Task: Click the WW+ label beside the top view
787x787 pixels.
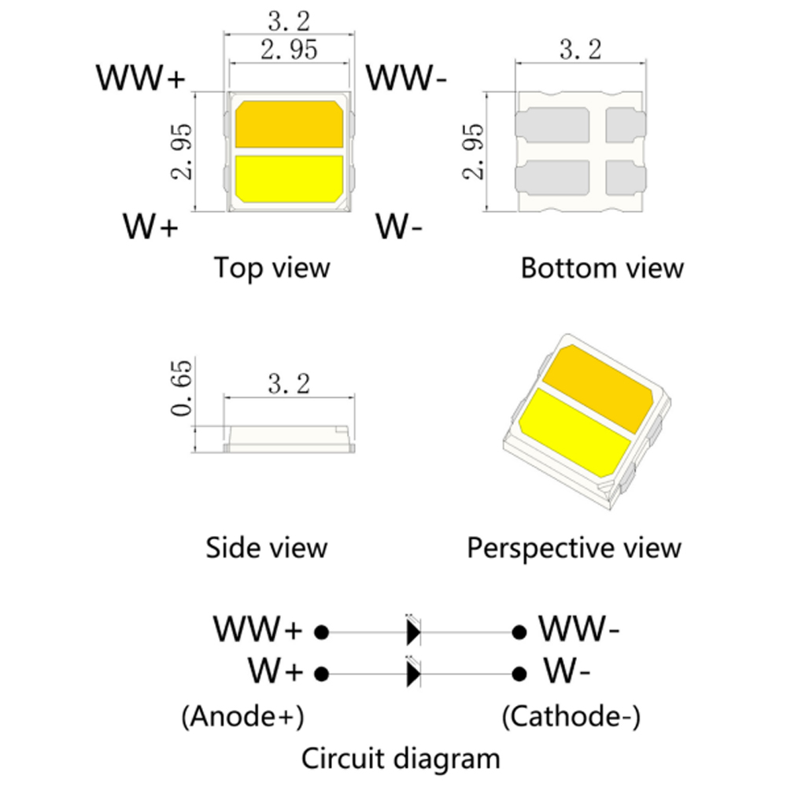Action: (141, 79)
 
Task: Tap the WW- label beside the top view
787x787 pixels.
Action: (408, 79)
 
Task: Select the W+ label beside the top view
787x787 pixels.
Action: (151, 227)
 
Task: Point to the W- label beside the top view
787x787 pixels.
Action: (399, 227)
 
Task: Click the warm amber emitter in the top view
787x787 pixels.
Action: (290, 124)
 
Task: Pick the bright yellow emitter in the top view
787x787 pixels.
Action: (290, 178)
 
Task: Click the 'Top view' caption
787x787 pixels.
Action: (272, 268)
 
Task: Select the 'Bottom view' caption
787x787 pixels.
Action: (602, 268)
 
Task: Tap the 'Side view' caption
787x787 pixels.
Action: (266, 547)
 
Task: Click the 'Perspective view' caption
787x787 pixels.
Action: (575, 547)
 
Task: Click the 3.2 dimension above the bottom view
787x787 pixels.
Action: (580, 50)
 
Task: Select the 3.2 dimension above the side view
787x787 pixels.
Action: (289, 385)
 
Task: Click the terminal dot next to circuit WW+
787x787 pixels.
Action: (320, 631)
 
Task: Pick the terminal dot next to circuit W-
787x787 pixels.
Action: (519, 673)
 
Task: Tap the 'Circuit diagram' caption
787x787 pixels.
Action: (401, 759)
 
